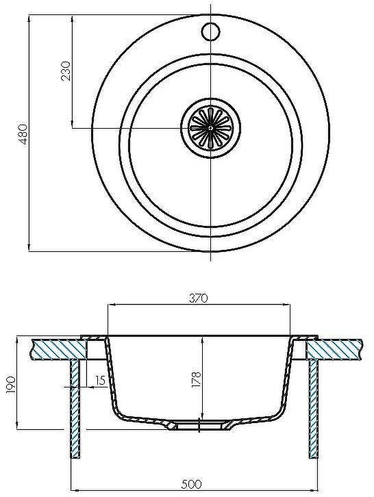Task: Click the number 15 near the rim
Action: coord(101,381)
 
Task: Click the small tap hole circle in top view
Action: coord(210,31)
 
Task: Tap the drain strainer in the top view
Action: coord(210,127)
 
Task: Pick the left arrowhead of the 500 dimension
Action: coord(75,490)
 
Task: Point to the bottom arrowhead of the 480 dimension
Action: coord(30,248)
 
